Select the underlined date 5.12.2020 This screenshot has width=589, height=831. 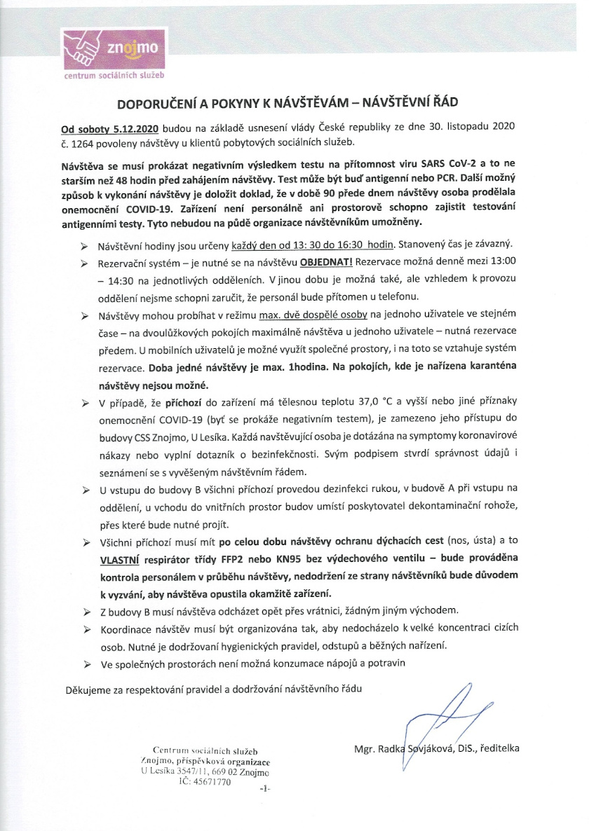(135, 129)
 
